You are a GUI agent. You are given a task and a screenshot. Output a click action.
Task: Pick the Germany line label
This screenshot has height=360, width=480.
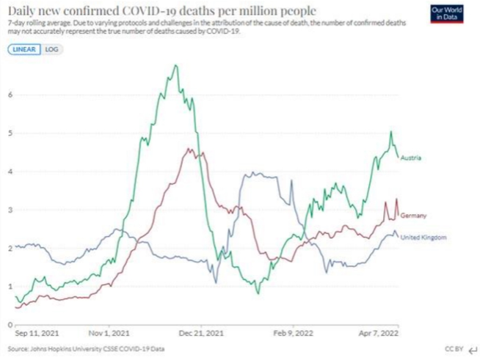pyautogui.click(x=415, y=215)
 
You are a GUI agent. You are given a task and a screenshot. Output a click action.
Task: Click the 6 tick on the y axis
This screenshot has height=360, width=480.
pyautogui.click(x=10, y=95)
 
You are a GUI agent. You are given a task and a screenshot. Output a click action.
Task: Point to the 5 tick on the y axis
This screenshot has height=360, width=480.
pyautogui.click(x=10, y=133)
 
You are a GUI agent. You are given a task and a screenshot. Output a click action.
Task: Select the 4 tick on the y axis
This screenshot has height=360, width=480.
pyautogui.click(x=10, y=171)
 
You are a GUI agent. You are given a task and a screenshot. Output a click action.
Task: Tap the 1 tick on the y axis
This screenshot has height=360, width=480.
pyautogui.click(x=10, y=285)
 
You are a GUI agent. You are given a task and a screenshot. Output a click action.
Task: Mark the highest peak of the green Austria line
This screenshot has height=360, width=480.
pyautogui.click(x=175, y=65)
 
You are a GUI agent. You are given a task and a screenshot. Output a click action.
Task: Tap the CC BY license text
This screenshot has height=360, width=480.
pyautogui.click(x=454, y=349)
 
